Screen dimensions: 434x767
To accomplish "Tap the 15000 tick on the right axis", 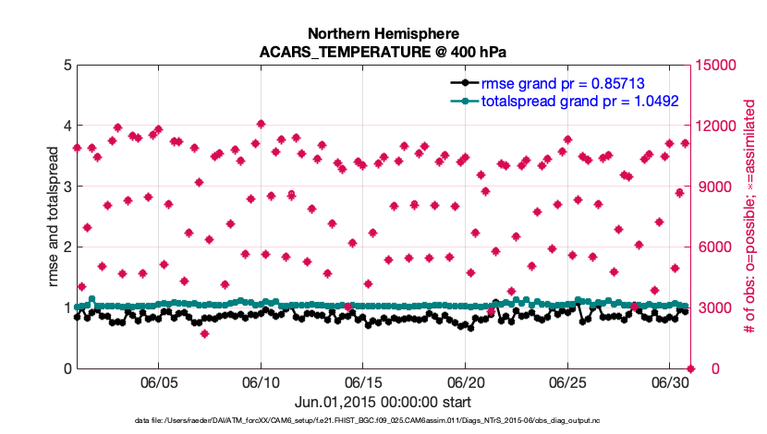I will pos(718,66).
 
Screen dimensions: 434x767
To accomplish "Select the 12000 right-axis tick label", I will pos(718,127).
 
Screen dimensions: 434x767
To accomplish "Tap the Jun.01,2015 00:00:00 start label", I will pos(383,402).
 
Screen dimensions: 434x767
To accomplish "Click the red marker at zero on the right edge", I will pos(691,368).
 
